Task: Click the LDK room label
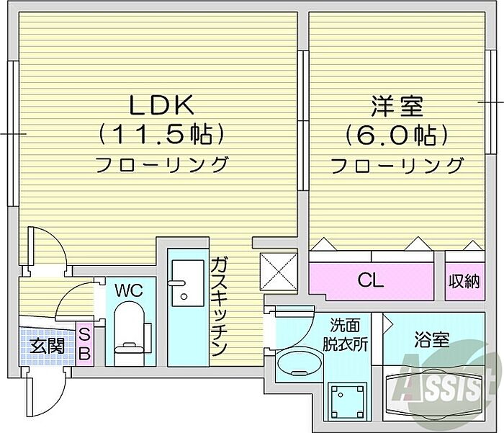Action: [x=162, y=105]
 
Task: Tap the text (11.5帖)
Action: [x=162, y=133]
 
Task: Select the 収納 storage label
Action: [x=464, y=280]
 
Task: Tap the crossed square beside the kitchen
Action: [x=277, y=272]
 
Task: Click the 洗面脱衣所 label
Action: [x=349, y=334]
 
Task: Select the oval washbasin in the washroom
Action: [x=297, y=364]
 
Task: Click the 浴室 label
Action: [x=432, y=339]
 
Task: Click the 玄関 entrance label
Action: [x=48, y=346]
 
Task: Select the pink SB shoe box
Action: [x=84, y=344]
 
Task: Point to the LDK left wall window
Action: [x=12, y=134]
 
